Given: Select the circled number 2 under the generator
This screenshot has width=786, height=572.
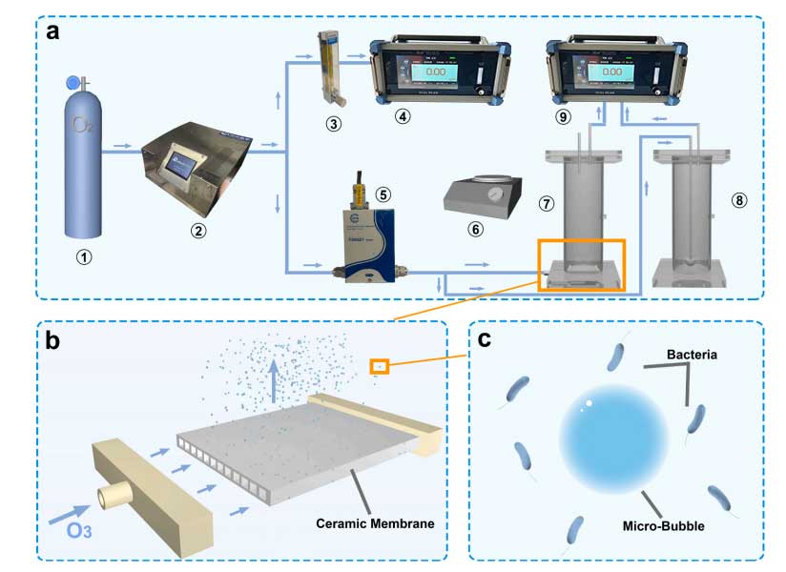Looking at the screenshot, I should point(196,230).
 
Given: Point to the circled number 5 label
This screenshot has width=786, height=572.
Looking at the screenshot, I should point(383,194).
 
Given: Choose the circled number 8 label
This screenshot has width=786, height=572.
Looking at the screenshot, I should point(739,201).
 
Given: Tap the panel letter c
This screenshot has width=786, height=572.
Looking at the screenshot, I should point(485,339).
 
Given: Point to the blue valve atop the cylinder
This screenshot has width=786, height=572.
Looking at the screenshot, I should point(72,84).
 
